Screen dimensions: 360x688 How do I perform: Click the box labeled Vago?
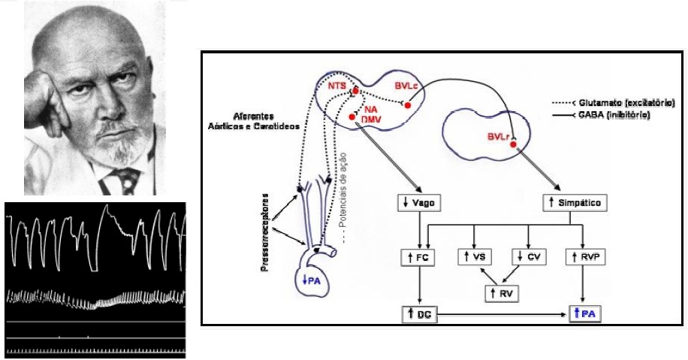pyautogui.click(x=418, y=204)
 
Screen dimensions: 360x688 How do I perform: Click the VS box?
pyautogui.click(x=475, y=259)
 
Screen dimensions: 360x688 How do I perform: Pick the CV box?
pyautogui.click(x=529, y=259)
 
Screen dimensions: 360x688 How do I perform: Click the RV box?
pyautogui.click(x=502, y=292)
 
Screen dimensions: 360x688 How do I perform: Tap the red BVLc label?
pyautogui.click(x=404, y=88)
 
